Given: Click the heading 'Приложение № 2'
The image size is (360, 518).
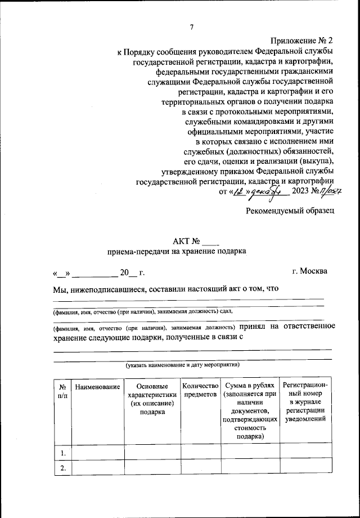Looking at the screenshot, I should tap(302, 41).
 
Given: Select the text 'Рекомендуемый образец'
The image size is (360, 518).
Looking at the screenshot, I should tap(290, 211).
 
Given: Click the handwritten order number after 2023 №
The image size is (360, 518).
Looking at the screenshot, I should tap(332, 192).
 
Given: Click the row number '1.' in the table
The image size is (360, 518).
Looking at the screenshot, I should tap(63, 452).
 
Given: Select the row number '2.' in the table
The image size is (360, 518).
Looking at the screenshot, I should tap(63, 468).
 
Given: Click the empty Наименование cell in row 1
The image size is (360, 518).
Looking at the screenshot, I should tap(97, 452).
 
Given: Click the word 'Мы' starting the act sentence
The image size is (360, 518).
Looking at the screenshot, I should tap(60, 289).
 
